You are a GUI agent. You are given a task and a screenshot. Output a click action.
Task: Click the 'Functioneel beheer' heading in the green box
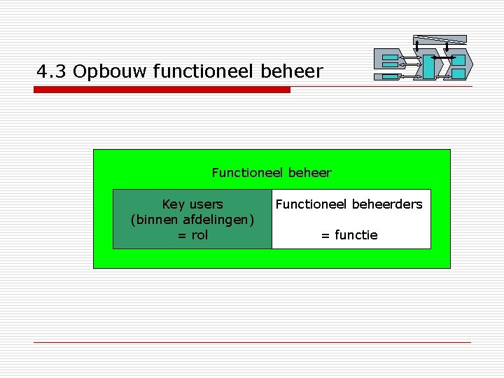272,172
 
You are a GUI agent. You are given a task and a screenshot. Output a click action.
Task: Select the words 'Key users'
192,204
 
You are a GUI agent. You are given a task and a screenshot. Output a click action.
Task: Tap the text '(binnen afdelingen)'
192,220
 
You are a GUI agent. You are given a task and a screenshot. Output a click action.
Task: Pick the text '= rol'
192,235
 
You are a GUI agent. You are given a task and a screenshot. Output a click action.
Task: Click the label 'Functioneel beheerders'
349,204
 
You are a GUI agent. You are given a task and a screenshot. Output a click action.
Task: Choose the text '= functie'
349,235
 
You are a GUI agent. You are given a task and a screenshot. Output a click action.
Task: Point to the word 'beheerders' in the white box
386,204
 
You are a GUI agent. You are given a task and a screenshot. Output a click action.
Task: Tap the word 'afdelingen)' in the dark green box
218,220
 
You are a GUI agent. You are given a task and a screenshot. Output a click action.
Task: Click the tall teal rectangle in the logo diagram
427,66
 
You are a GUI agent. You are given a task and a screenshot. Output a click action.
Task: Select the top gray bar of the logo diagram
440,38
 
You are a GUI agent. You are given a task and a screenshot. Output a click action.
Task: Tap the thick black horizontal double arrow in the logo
443,56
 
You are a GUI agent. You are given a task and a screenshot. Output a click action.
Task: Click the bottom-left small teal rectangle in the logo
390,66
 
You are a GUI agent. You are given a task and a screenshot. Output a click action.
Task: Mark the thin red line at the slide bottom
252,342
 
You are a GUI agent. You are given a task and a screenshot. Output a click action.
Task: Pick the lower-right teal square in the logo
458,73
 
